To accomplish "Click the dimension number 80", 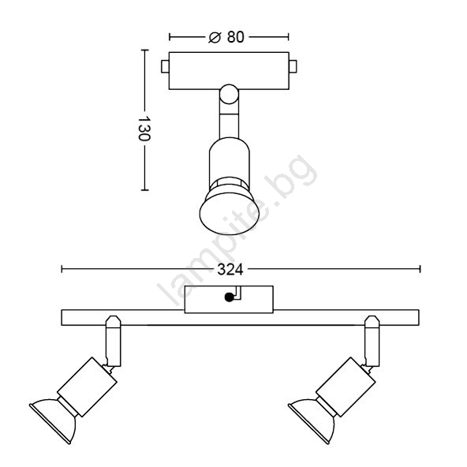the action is tap(236, 37).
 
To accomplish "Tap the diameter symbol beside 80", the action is tap(215, 37).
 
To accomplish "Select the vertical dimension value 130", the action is tap(144, 129).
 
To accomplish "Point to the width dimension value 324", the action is tap(230, 270).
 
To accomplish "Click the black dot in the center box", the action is tap(229, 297).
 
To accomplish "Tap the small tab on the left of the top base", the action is tap(165, 67).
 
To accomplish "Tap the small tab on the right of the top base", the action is tap(293, 67).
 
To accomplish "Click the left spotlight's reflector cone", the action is tap(54, 420).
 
